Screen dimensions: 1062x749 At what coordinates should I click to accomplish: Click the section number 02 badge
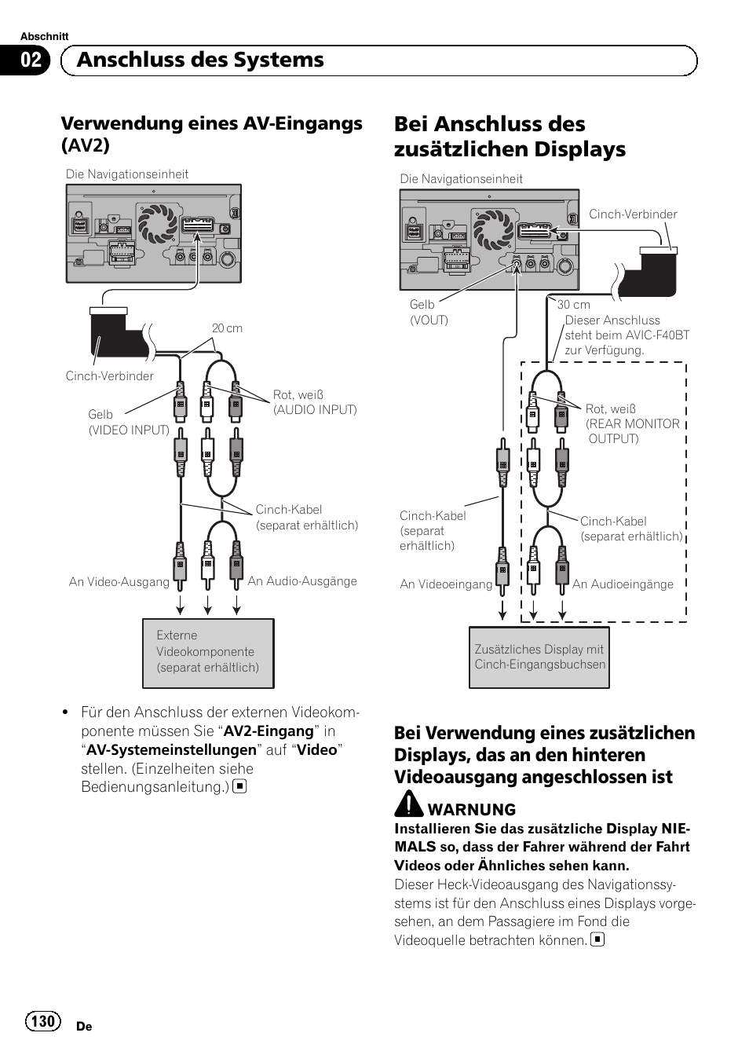(x=30, y=60)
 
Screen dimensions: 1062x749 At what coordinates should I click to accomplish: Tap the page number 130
(x=43, y=1020)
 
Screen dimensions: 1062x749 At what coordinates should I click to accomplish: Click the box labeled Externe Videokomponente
(x=208, y=653)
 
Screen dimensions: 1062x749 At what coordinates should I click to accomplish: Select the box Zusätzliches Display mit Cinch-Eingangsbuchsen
(x=539, y=657)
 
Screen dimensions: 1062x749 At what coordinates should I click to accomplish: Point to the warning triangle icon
(x=408, y=804)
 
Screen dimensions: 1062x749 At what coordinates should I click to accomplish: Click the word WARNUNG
(x=472, y=810)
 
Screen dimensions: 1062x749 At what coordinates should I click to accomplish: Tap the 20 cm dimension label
(x=227, y=328)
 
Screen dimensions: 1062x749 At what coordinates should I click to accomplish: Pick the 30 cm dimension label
(x=574, y=305)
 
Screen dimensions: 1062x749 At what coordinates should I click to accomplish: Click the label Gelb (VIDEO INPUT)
(x=128, y=422)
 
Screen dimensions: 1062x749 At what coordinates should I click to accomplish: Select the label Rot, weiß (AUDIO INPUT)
(x=315, y=402)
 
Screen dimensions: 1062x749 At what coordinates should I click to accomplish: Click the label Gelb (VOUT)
(x=429, y=312)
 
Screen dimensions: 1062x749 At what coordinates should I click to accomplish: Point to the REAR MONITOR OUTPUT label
(x=633, y=431)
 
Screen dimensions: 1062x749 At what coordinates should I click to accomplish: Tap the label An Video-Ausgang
(x=119, y=582)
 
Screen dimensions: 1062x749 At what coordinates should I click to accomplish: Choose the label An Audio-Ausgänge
(x=302, y=581)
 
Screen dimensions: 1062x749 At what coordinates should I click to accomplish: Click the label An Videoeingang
(x=446, y=584)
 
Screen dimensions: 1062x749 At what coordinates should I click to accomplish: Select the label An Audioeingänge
(x=623, y=584)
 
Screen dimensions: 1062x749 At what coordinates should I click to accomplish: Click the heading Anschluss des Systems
(x=200, y=60)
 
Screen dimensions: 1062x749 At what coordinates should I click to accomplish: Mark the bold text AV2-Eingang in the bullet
(x=269, y=731)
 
